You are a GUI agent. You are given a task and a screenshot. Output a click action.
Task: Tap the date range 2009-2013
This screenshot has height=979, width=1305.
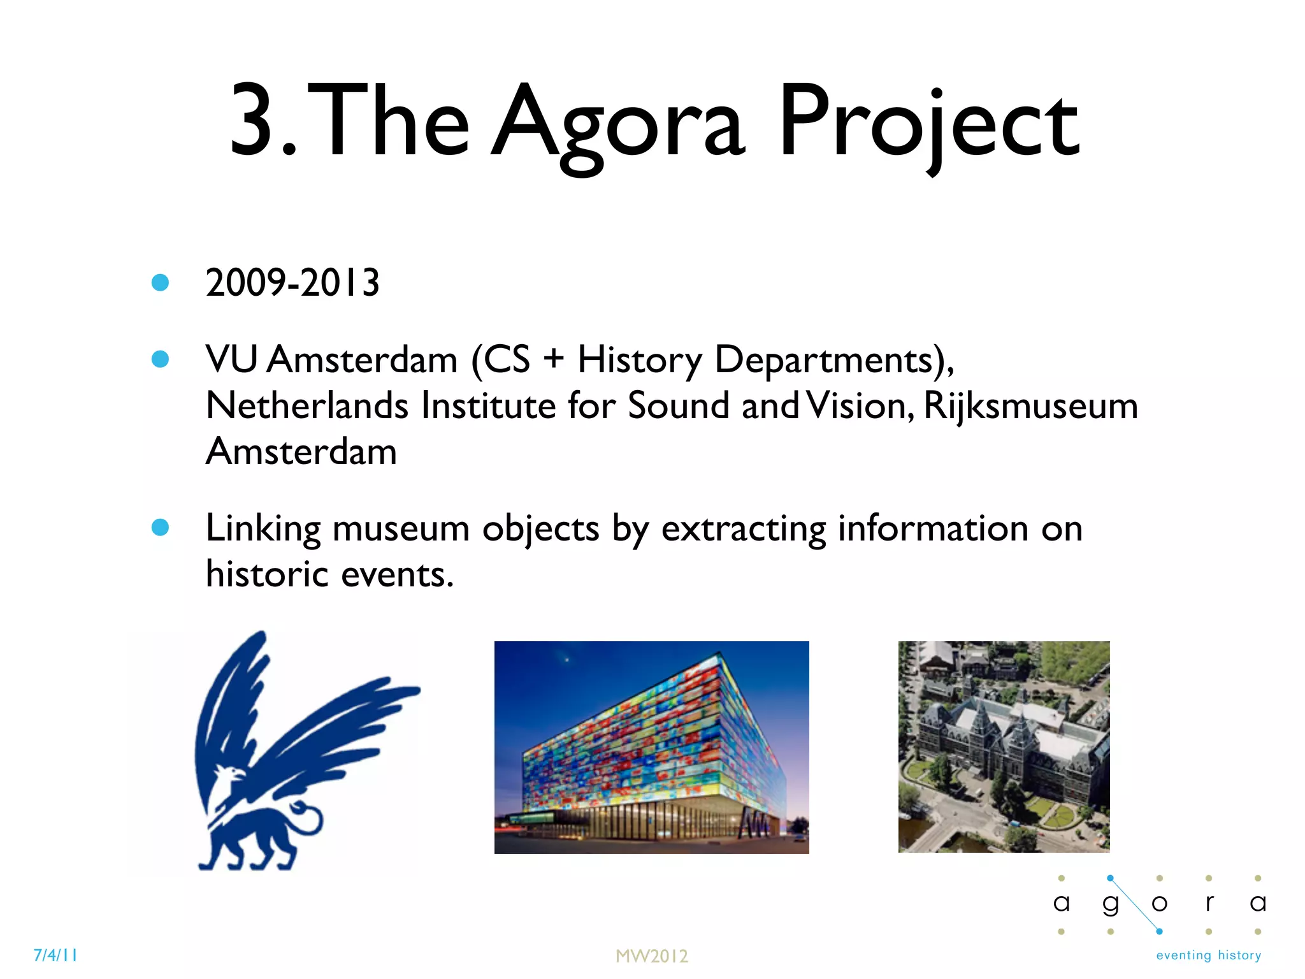pyautogui.click(x=292, y=282)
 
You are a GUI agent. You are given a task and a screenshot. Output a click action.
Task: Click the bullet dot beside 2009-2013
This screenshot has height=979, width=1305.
pyautogui.click(x=160, y=282)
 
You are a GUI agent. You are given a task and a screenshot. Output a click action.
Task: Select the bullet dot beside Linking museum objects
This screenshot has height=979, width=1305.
pyautogui.click(x=160, y=527)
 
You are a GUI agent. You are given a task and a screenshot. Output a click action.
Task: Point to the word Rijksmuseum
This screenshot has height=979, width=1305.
pyautogui.click(x=1030, y=406)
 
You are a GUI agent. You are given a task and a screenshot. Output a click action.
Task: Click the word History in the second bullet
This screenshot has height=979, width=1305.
pyautogui.click(x=639, y=360)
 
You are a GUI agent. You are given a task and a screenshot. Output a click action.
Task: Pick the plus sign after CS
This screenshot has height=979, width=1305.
pyautogui.click(x=553, y=358)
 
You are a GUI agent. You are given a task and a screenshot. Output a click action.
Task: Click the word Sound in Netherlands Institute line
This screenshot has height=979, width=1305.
pyautogui.click(x=678, y=406)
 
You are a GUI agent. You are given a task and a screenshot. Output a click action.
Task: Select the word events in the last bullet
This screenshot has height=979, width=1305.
pyautogui.click(x=397, y=574)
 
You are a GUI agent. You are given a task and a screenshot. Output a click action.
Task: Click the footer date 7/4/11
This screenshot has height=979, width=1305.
pyautogui.click(x=55, y=955)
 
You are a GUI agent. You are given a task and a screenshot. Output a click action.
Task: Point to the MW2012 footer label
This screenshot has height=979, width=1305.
pyautogui.click(x=651, y=956)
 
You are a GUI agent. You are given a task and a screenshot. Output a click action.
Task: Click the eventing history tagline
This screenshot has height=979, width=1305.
pyautogui.click(x=1208, y=955)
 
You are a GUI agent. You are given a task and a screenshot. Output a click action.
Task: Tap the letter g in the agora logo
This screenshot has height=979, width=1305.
pyautogui.click(x=1111, y=904)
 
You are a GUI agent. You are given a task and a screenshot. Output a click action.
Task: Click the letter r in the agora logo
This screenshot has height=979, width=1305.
pyautogui.click(x=1209, y=903)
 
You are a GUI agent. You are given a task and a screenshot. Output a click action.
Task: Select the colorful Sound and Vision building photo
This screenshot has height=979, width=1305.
pyautogui.click(x=651, y=747)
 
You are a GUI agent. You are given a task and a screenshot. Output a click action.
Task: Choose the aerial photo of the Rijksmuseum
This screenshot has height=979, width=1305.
pyautogui.click(x=1004, y=746)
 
